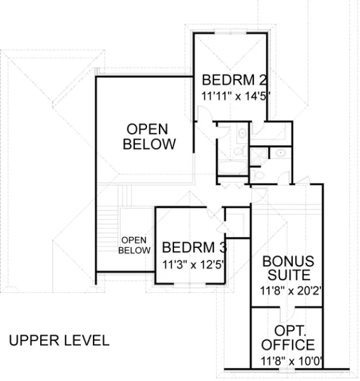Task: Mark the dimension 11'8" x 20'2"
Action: pos(288,290)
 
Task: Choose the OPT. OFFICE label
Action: pos(288,339)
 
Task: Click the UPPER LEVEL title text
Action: pos(59,340)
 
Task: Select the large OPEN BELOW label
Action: pos(149,136)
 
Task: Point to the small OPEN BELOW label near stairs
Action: pos(135,245)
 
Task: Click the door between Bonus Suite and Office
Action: pos(289,313)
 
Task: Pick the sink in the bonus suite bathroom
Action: pos(280,154)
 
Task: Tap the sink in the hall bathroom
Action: pos(242,134)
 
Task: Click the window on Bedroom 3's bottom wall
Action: pos(189,283)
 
